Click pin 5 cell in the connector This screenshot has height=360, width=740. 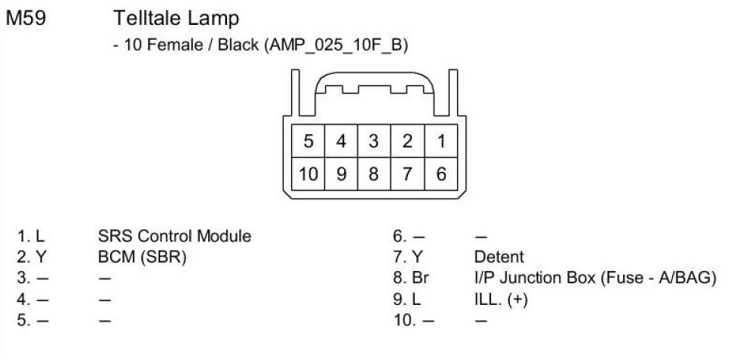click(309, 141)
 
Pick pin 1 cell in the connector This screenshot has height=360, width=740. click(441, 141)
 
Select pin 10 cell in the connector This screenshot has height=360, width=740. click(309, 174)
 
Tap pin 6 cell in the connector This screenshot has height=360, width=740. click(441, 174)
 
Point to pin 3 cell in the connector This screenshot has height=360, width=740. click(373, 141)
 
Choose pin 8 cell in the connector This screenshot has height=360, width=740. click(373, 174)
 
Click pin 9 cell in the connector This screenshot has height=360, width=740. click(341, 174)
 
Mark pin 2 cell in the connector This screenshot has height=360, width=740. click(407, 141)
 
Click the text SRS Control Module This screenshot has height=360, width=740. click(174, 236)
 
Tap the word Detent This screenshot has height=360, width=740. click(499, 257)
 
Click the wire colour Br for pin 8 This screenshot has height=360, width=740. click(421, 278)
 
